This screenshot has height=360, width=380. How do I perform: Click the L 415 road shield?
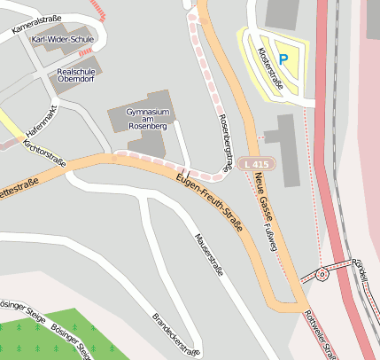tap(255, 165)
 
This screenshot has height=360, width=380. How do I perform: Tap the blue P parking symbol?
tap(283, 59)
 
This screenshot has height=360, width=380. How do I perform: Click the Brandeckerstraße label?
tap(174, 333)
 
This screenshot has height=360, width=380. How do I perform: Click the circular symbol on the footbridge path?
tap(322, 275)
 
